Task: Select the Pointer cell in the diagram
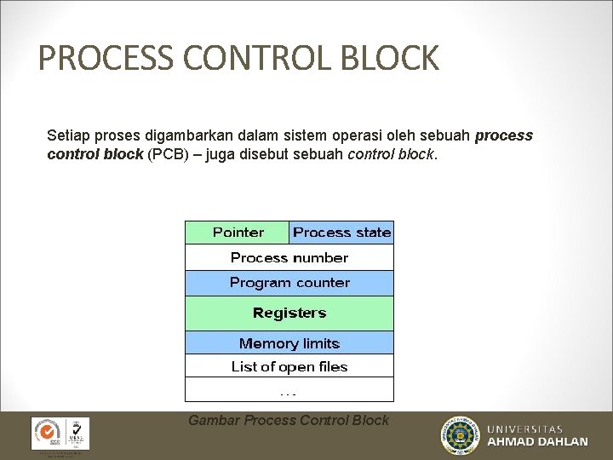coord(238,233)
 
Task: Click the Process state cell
coord(341,233)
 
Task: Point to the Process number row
coord(289,257)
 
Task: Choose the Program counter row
coord(289,283)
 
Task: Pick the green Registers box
coord(289,313)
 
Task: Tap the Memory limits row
coord(289,343)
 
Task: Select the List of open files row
coord(289,366)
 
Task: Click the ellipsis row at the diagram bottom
coord(289,390)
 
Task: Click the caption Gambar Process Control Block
coord(289,420)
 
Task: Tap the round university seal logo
coord(460,435)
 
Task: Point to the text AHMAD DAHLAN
coord(537,442)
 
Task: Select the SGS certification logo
coord(46,433)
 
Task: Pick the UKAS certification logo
coord(76,433)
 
